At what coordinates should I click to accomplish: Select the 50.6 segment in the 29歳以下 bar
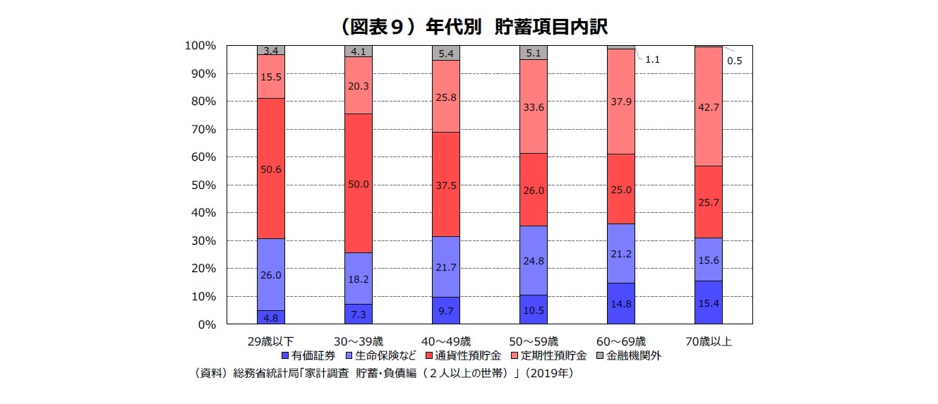pyautogui.click(x=270, y=169)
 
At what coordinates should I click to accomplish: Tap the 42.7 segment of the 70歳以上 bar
pyautogui.click(x=708, y=106)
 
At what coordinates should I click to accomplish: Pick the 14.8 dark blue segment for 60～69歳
pyautogui.click(x=621, y=304)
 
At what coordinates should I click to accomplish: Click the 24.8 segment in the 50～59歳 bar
pyautogui.click(x=534, y=260)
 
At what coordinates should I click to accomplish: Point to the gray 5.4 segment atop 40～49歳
pyautogui.click(x=445, y=54)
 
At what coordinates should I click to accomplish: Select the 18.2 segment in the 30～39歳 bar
pyautogui.click(x=358, y=278)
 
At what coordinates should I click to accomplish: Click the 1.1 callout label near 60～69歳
pyautogui.click(x=652, y=60)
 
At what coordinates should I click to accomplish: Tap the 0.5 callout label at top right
pyautogui.click(x=734, y=61)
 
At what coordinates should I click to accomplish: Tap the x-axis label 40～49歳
pyautogui.click(x=445, y=342)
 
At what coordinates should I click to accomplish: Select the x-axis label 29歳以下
pyautogui.click(x=270, y=342)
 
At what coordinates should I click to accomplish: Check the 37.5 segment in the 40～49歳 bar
pyautogui.click(x=445, y=185)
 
